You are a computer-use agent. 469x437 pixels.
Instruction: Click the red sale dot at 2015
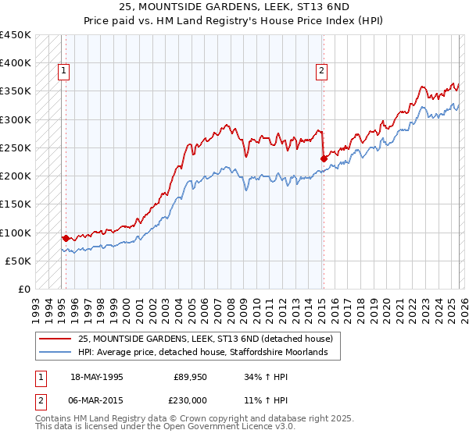click(x=324, y=158)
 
